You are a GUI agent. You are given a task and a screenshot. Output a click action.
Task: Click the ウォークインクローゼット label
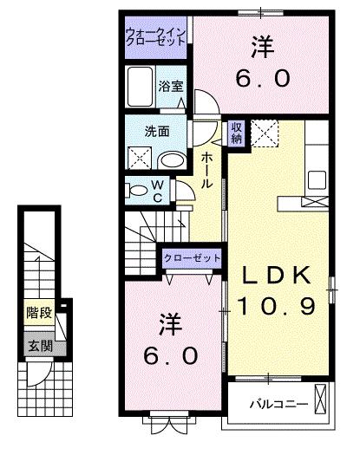point(155,37)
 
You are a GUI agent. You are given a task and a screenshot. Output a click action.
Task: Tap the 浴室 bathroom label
point(171,86)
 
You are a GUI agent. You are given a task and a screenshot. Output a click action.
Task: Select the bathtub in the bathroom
point(140,87)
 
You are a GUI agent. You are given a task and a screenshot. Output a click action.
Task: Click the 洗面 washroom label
point(157,132)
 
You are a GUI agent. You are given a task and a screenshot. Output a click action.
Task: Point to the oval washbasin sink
point(173,160)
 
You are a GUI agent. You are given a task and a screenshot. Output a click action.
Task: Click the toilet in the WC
point(136,191)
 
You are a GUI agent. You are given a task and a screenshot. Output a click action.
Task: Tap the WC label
point(158,191)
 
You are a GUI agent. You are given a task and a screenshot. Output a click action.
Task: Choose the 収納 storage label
point(237,133)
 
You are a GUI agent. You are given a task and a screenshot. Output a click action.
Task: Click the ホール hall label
point(206,171)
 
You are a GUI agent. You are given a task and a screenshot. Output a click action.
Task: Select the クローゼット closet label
point(192,258)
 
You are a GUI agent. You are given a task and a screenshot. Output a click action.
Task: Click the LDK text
point(277,276)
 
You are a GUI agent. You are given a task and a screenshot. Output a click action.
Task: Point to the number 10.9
point(277,307)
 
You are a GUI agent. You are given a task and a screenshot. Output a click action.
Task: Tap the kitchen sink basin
point(317,180)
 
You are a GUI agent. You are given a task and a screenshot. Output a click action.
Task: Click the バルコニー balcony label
point(279,404)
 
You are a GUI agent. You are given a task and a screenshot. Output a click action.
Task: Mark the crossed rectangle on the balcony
point(320,399)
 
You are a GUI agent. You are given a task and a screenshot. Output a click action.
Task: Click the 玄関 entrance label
point(41,346)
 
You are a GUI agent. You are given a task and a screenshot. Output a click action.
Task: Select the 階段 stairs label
point(39,312)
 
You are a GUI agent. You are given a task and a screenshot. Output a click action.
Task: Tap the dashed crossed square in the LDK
point(265,133)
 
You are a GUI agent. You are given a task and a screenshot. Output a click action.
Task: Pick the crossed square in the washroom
point(140,158)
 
